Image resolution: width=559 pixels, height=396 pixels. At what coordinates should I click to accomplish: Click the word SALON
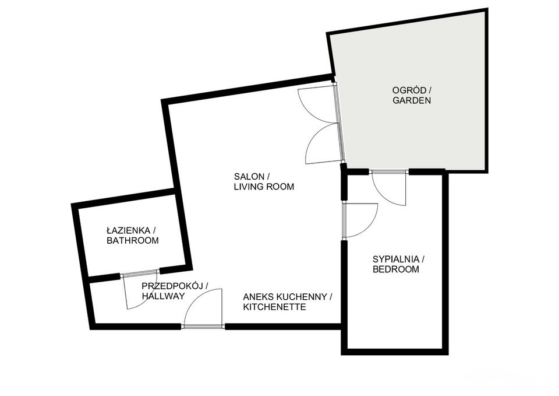click(x=249, y=176)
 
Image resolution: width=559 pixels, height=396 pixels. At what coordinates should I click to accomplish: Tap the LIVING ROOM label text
click(x=264, y=187)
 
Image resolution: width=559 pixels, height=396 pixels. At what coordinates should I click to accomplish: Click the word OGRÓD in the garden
click(x=409, y=90)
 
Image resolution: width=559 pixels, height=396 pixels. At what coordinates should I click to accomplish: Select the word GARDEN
click(x=412, y=100)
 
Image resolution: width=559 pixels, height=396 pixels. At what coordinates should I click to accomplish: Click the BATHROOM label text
click(x=133, y=241)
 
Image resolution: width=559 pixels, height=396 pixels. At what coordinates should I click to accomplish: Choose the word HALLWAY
click(x=163, y=296)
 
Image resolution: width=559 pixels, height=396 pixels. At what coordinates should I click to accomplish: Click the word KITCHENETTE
click(x=274, y=307)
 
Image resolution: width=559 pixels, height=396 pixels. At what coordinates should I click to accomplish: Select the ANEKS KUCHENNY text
click(x=285, y=297)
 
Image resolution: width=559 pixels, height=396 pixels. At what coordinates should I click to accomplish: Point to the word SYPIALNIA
click(x=395, y=259)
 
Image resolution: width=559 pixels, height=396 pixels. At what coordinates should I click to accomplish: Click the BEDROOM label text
click(x=396, y=269)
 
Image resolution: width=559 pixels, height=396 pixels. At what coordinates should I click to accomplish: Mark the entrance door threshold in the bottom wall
click(x=203, y=326)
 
